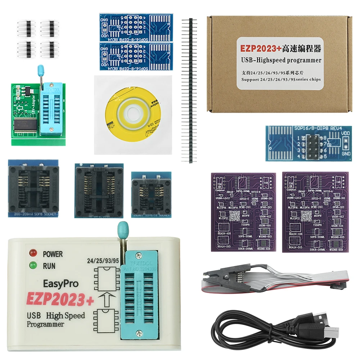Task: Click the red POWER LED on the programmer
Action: point(34,253)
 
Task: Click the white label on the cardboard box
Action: point(279,63)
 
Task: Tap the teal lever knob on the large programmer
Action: point(122,228)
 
